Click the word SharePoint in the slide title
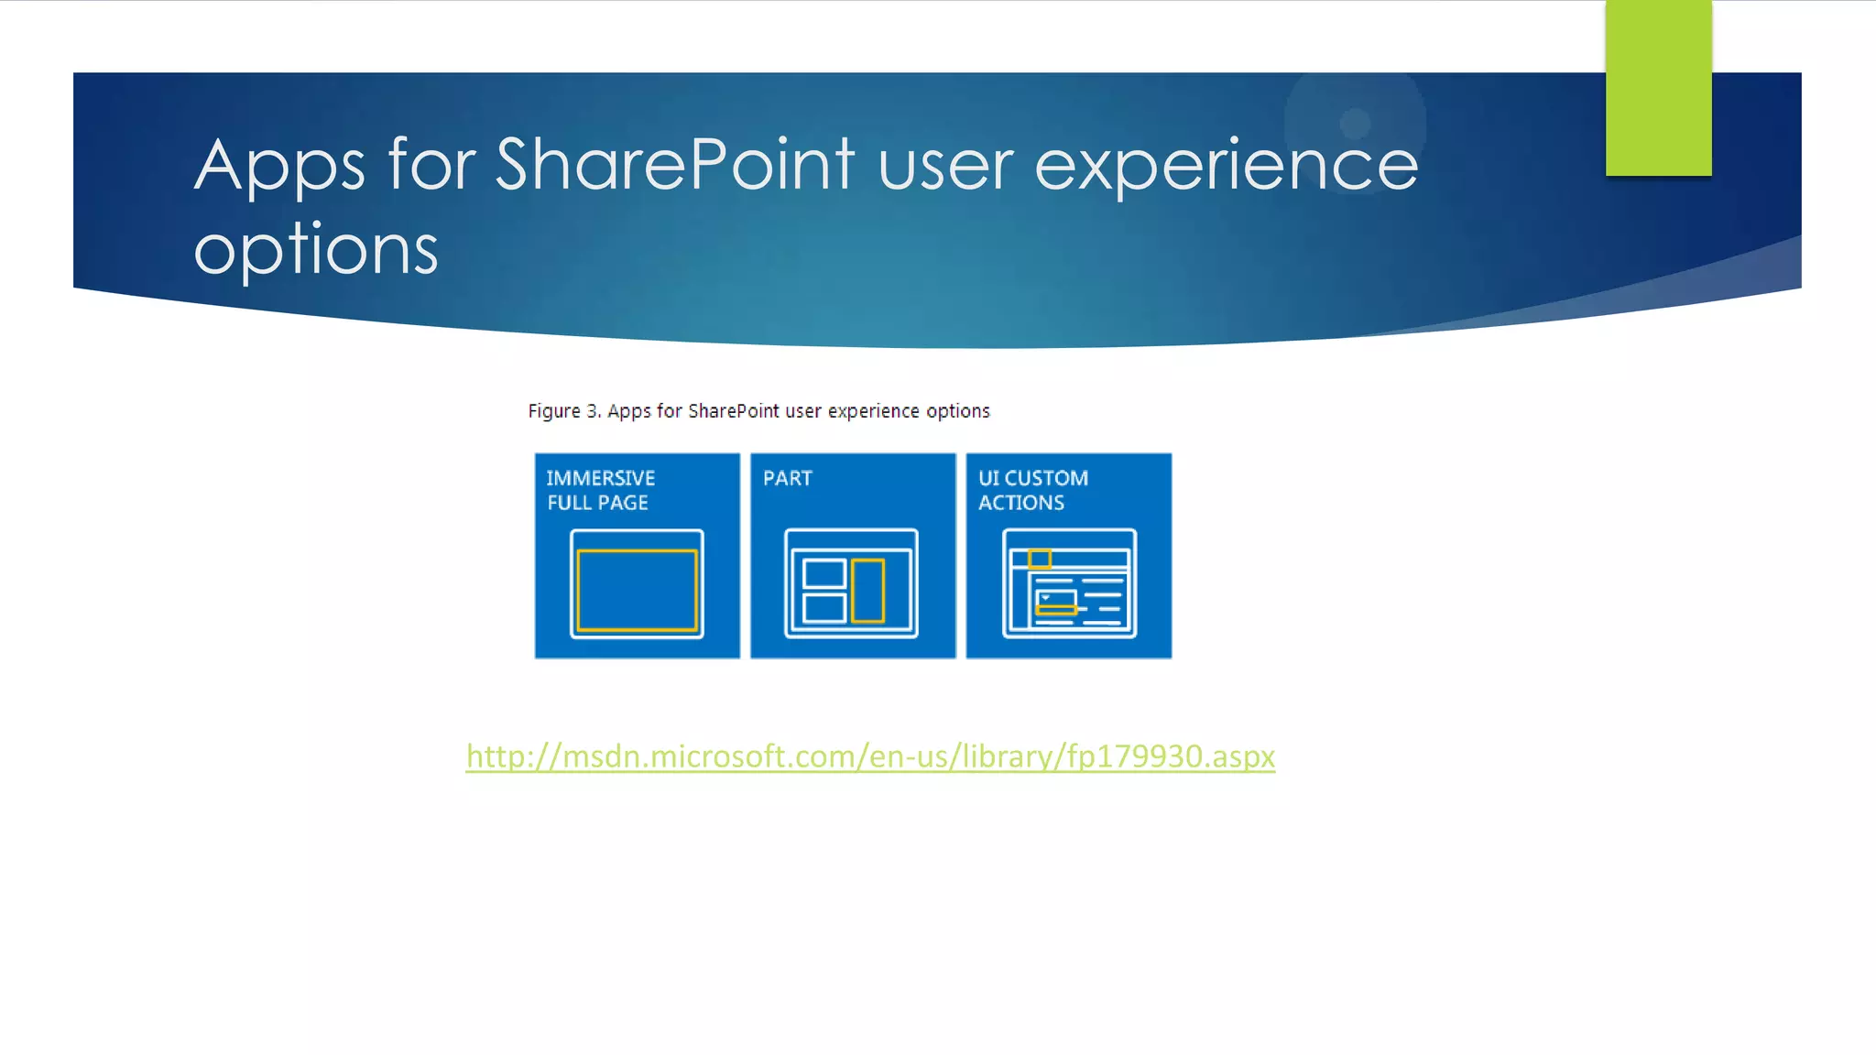tap(675, 165)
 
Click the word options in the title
tap(316, 248)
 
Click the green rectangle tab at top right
tap(1658, 88)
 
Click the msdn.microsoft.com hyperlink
tap(869, 756)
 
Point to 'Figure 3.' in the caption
tap(564, 411)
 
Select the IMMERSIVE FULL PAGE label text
tap(600, 490)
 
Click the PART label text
tap(787, 478)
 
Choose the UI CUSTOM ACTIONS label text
tap(1032, 490)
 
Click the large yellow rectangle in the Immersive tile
tap(637, 590)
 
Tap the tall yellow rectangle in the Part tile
tap(867, 591)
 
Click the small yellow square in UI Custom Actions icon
tap(1039, 558)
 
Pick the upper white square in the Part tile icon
tap(823, 573)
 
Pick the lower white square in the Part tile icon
tap(823, 607)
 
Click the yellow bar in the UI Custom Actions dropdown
tap(1056, 609)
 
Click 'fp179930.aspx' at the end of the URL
tap(1170, 756)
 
